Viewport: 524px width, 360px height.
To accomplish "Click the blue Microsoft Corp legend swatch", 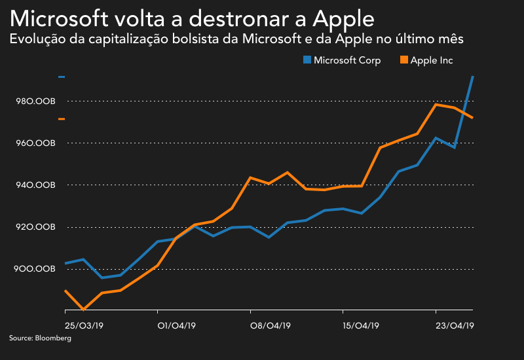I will tap(307, 60).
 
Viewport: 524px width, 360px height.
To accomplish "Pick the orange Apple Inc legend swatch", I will tap(403, 60).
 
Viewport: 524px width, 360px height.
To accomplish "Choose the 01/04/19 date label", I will tap(176, 324).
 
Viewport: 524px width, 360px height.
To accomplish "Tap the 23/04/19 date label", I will tap(454, 324).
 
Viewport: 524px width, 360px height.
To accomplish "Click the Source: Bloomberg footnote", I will tap(40, 338).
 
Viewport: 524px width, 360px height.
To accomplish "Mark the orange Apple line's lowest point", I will tap(83, 309).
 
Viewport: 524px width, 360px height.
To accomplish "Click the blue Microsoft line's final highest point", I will tap(472, 77).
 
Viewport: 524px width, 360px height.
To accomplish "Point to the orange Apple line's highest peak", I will tap(436, 104).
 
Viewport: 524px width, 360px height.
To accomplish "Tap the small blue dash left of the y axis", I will tap(62, 77).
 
